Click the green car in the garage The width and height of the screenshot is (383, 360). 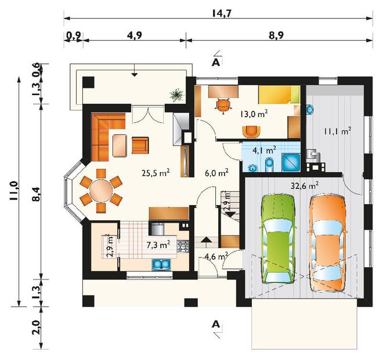tap(279, 239)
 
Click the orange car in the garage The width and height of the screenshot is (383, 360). tap(328, 242)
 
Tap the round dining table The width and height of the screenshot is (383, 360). tap(101, 191)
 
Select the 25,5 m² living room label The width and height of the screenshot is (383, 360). tap(156, 173)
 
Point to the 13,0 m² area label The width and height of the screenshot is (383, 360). tap(254, 114)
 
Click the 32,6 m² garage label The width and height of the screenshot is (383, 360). tap(305, 186)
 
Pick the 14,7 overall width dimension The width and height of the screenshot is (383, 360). tap(221, 14)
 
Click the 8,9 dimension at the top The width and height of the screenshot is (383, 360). tap(276, 35)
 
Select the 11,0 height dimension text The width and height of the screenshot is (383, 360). tap(14, 191)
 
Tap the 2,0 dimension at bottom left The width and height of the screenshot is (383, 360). tap(35, 328)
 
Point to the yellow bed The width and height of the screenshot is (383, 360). tap(279, 95)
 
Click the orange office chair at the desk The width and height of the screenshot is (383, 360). tap(223, 106)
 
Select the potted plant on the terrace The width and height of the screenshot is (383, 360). tap(176, 94)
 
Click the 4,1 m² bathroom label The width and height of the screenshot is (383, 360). tap(264, 150)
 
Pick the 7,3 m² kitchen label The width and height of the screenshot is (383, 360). tap(158, 245)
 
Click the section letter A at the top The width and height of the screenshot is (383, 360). tap(216, 62)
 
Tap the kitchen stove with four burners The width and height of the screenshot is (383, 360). tap(183, 246)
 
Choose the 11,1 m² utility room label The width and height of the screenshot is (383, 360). tap(338, 132)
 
